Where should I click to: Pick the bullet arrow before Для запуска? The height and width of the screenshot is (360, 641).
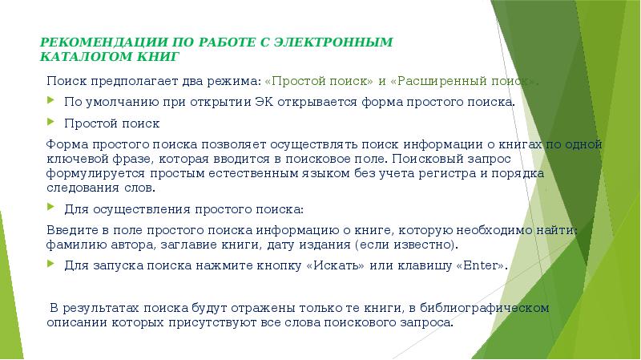50,265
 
